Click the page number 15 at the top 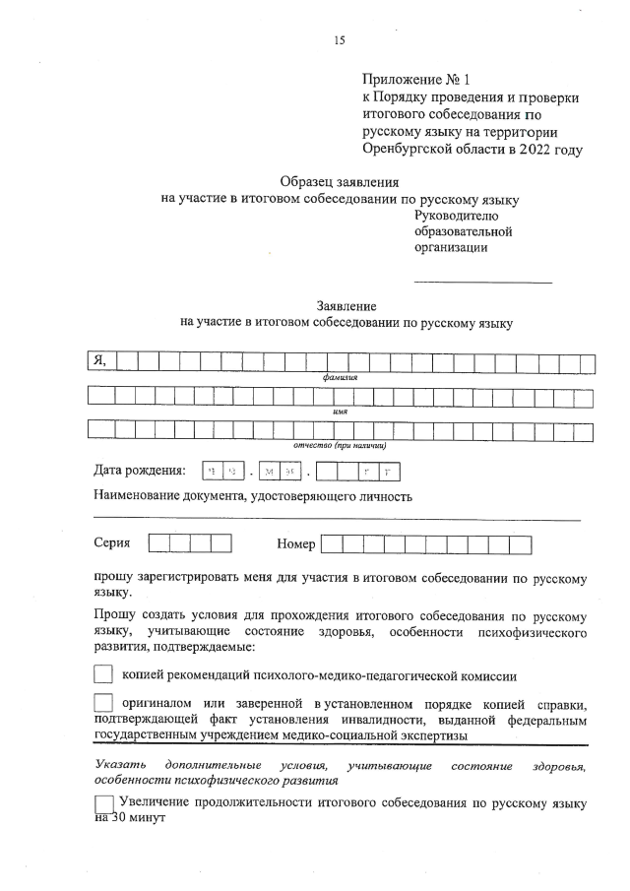340,40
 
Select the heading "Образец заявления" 340,181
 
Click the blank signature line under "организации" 483,283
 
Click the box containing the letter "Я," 99,360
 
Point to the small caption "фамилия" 339,377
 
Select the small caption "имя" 340,412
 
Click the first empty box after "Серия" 158,543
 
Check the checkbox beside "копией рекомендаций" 102,676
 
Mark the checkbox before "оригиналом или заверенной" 102,706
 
